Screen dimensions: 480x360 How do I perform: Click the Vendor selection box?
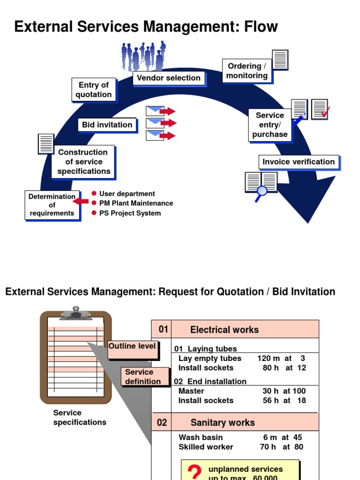(x=168, y=78)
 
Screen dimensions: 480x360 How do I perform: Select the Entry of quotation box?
(x=94, y=90)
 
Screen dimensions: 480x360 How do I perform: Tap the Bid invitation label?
(x=107, y=125)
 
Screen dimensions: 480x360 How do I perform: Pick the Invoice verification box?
(x=298, y=162)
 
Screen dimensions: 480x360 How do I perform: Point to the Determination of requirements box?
(x=52, y=205)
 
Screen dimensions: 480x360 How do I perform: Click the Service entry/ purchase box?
(x=270, y=125)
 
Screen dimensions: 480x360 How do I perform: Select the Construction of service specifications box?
(x=83, y=162)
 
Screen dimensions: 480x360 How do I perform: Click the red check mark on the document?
(x=324, y=112)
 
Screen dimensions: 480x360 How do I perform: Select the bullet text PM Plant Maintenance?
(x=136, y=203)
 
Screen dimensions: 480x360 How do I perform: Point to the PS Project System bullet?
(x=130, y=213)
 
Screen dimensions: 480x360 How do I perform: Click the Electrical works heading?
(x=224, y=330)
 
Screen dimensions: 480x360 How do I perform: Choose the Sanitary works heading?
(x=222, y=422)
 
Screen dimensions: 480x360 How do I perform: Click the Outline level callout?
(x=133, y=346)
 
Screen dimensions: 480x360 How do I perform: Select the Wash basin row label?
(x=201, y=437)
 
